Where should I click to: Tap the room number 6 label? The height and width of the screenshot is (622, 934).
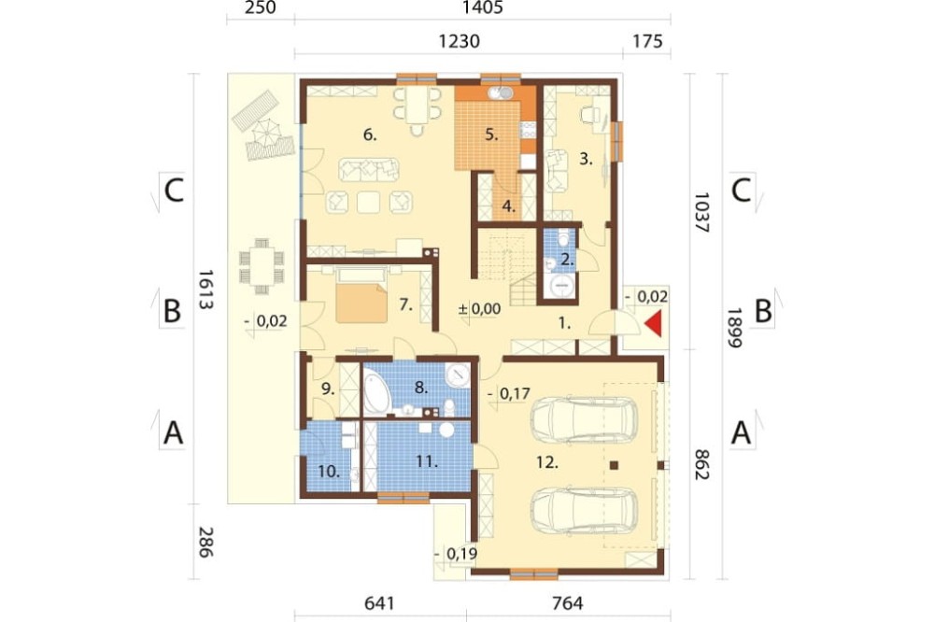(x=370, y=134)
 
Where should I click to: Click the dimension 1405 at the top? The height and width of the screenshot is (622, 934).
(x=483, y=7)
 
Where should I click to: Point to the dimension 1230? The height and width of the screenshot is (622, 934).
(x=459, y=41)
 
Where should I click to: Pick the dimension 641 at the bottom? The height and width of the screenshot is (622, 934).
(x=379, y=603)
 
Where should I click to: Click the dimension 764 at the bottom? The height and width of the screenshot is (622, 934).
(x=567, y=603)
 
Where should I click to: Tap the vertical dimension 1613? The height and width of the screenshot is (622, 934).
(x=205, y=289)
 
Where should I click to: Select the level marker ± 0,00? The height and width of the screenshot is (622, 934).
(x=479, y=308)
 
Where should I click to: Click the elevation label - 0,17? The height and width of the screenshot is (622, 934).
(x=509, y=393)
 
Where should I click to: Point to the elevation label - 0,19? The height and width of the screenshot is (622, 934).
(x=456, y=554)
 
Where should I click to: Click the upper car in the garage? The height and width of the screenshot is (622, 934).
(x=583, y=417)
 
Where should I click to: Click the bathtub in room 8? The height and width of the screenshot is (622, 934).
(x=375, y=391)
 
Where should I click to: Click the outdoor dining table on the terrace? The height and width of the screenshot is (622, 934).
(x=262, y=266)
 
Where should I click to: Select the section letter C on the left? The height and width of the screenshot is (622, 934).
(x=174, y=191)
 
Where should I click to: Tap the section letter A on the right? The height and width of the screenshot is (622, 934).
(x=741, y=431)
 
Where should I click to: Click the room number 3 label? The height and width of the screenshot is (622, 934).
(x=587, y=159)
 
